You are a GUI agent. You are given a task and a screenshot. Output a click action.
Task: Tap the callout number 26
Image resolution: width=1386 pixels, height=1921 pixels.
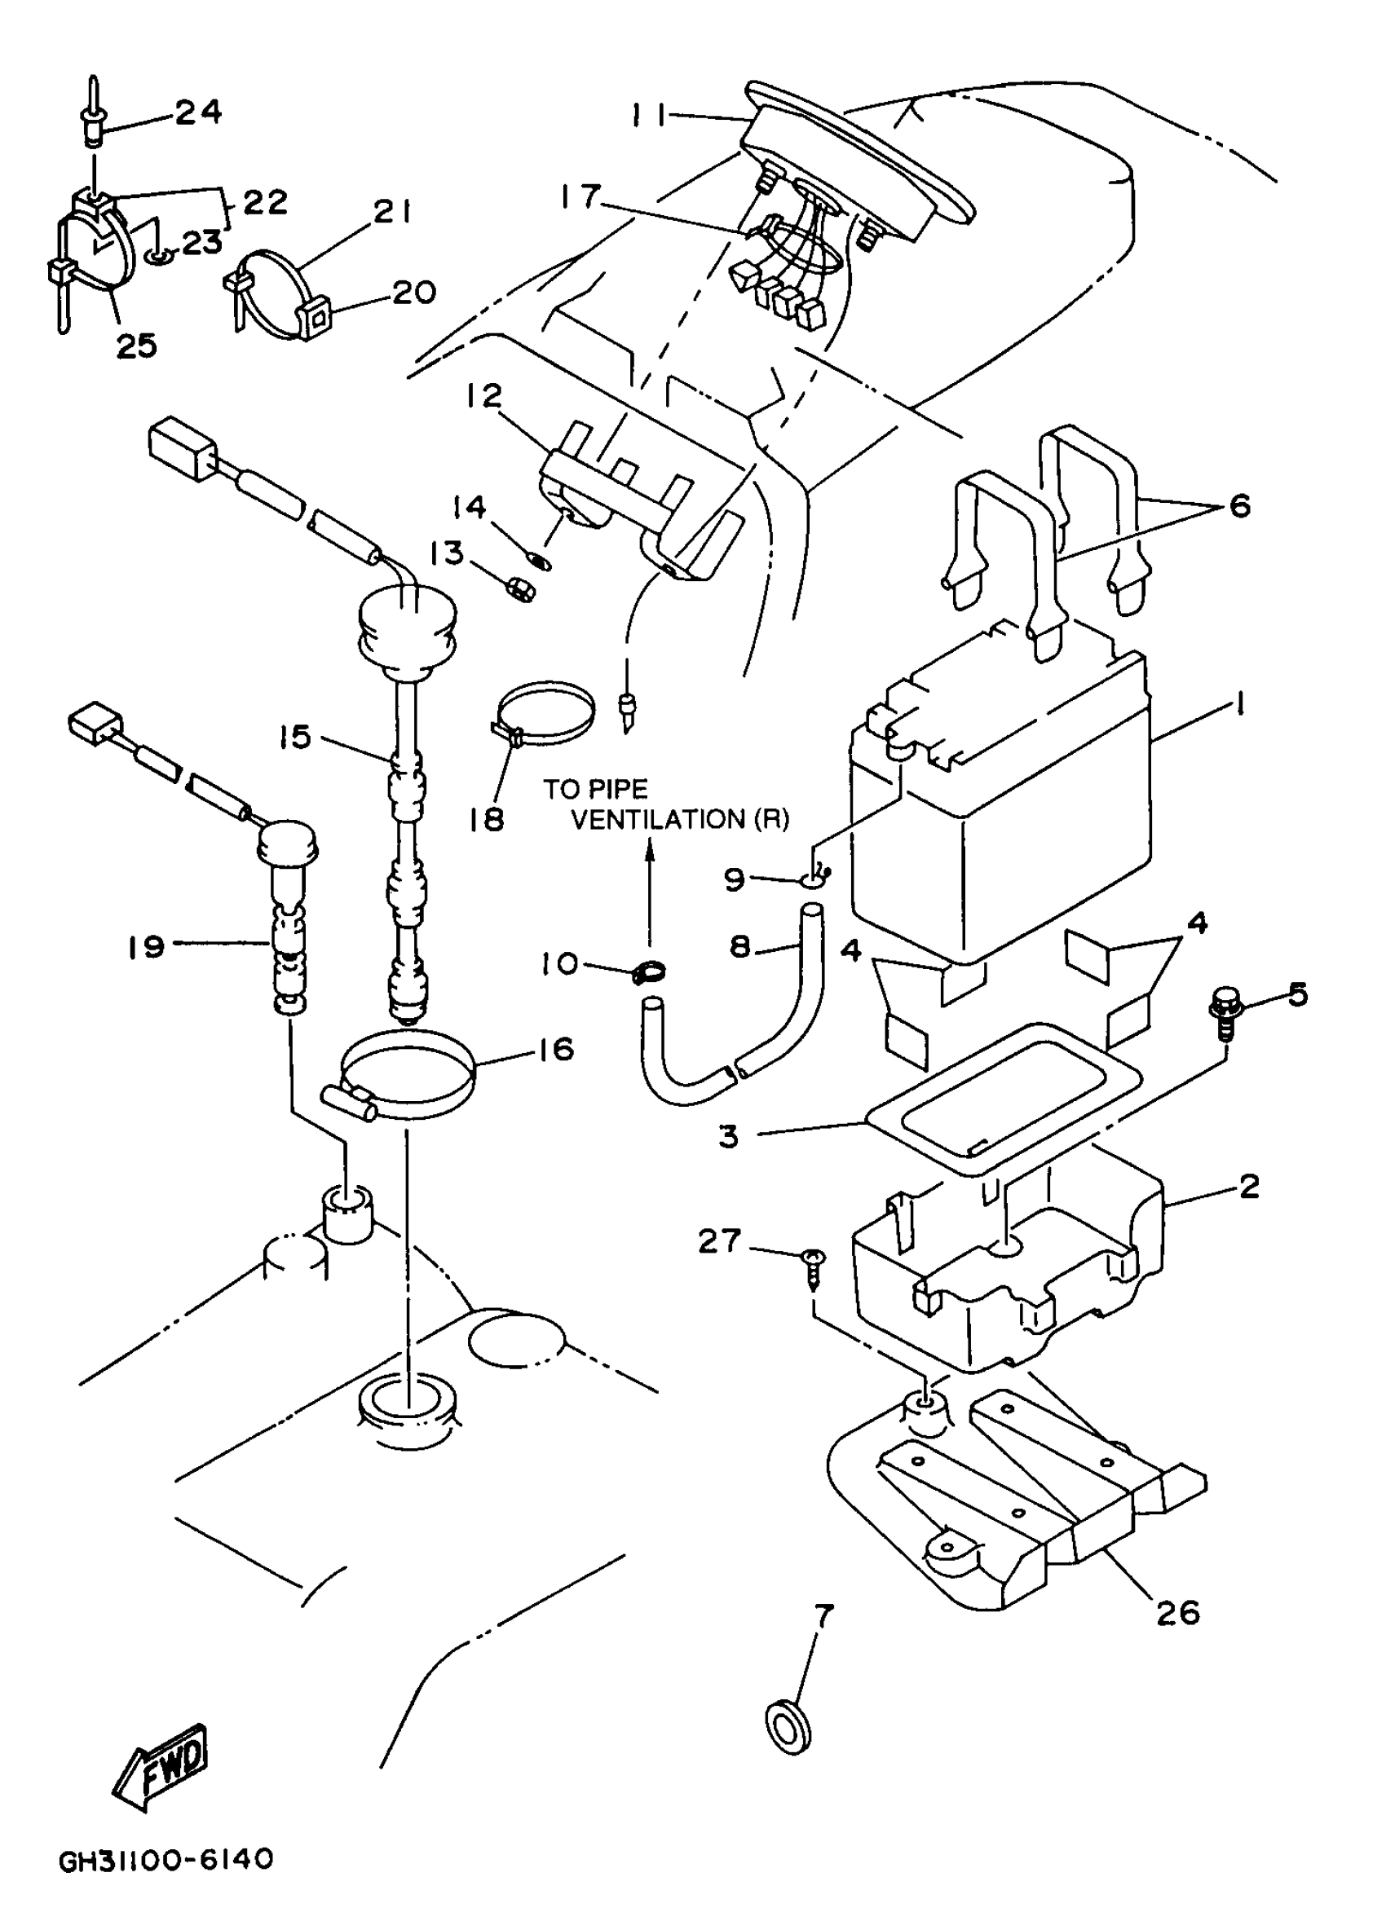pos(1178,1613)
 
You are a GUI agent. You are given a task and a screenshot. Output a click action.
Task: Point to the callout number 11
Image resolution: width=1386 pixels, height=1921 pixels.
pos(650,113)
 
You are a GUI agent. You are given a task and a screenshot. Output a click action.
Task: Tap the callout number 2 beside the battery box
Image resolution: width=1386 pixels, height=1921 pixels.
pos(1250,1187)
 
